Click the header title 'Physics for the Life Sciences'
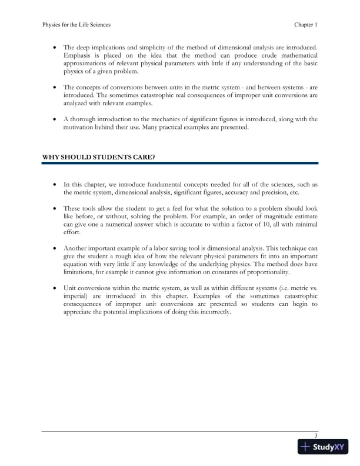point(76,25)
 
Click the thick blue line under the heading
point(180,163)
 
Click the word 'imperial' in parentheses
point(76,297)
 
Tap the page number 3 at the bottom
point(316,435)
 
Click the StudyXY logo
point(323,447)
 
